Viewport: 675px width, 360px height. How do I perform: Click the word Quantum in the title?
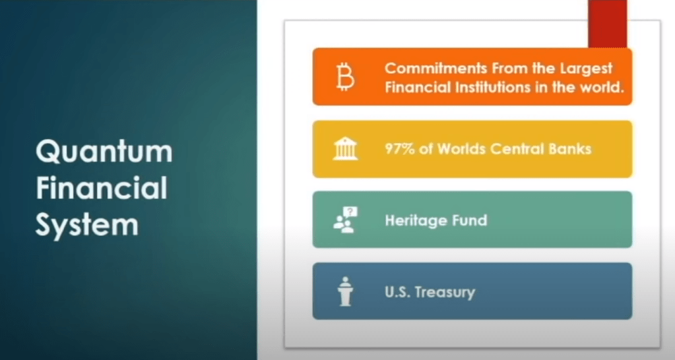coord(104,152)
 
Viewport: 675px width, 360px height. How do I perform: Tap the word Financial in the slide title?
coord(102,188)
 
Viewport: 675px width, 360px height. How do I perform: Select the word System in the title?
coord(87,225)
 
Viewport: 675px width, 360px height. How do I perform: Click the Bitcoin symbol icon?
coord(345,76)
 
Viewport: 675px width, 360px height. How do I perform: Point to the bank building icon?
coord(345,149)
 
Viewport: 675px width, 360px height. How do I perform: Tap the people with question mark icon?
coord(345,220)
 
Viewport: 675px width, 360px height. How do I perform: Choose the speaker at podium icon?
coord(345,291)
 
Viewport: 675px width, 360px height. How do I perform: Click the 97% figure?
coord(400,149)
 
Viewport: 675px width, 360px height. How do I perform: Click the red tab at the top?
coord(608,24)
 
